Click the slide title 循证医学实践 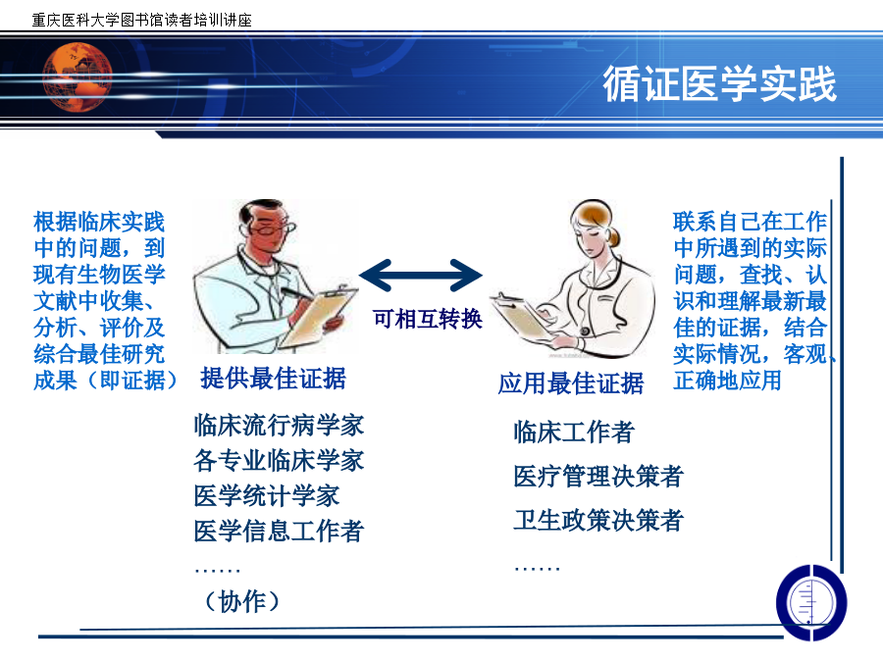(719, 84)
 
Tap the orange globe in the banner (78, 77)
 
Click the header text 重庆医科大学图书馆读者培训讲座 (142, 21)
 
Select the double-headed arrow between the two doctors (421, 276)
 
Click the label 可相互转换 (428, 319)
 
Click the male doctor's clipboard (318, 318)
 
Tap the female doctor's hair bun (612, 237)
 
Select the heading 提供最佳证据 (273, 379)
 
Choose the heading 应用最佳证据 (570, 383)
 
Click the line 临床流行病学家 (279, 425)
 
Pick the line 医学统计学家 (266, 496)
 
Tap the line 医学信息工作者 (279, 531)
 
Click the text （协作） (242, 601)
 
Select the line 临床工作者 (574, 433)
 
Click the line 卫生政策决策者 (598, 520)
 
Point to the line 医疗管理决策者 (598, 477)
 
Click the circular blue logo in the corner (811, 602)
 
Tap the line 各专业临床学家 (279, 461)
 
